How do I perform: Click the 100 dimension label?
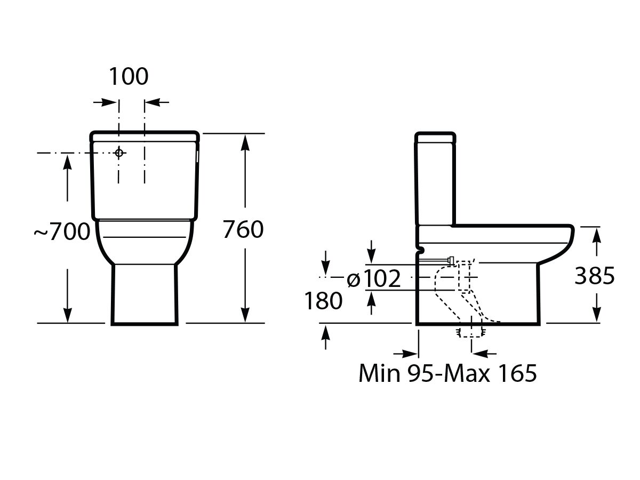129,77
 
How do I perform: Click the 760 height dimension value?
243,230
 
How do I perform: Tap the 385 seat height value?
595,276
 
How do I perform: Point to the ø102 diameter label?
373,278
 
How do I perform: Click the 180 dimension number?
323,301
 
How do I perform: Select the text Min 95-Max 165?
447,373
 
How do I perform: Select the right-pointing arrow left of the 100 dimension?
109,102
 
